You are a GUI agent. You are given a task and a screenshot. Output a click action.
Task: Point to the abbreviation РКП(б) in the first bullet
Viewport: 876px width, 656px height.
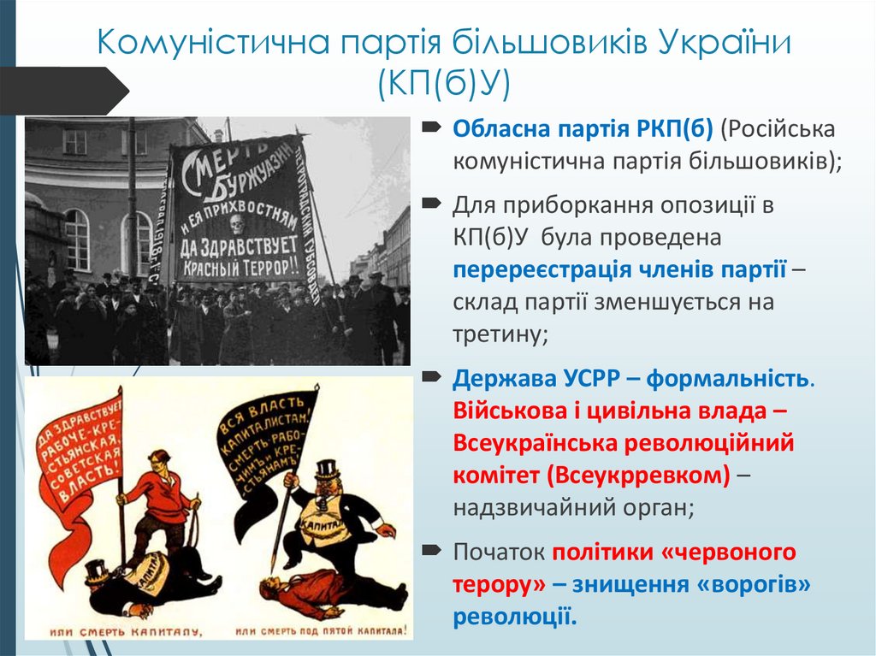click(671, 129)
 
